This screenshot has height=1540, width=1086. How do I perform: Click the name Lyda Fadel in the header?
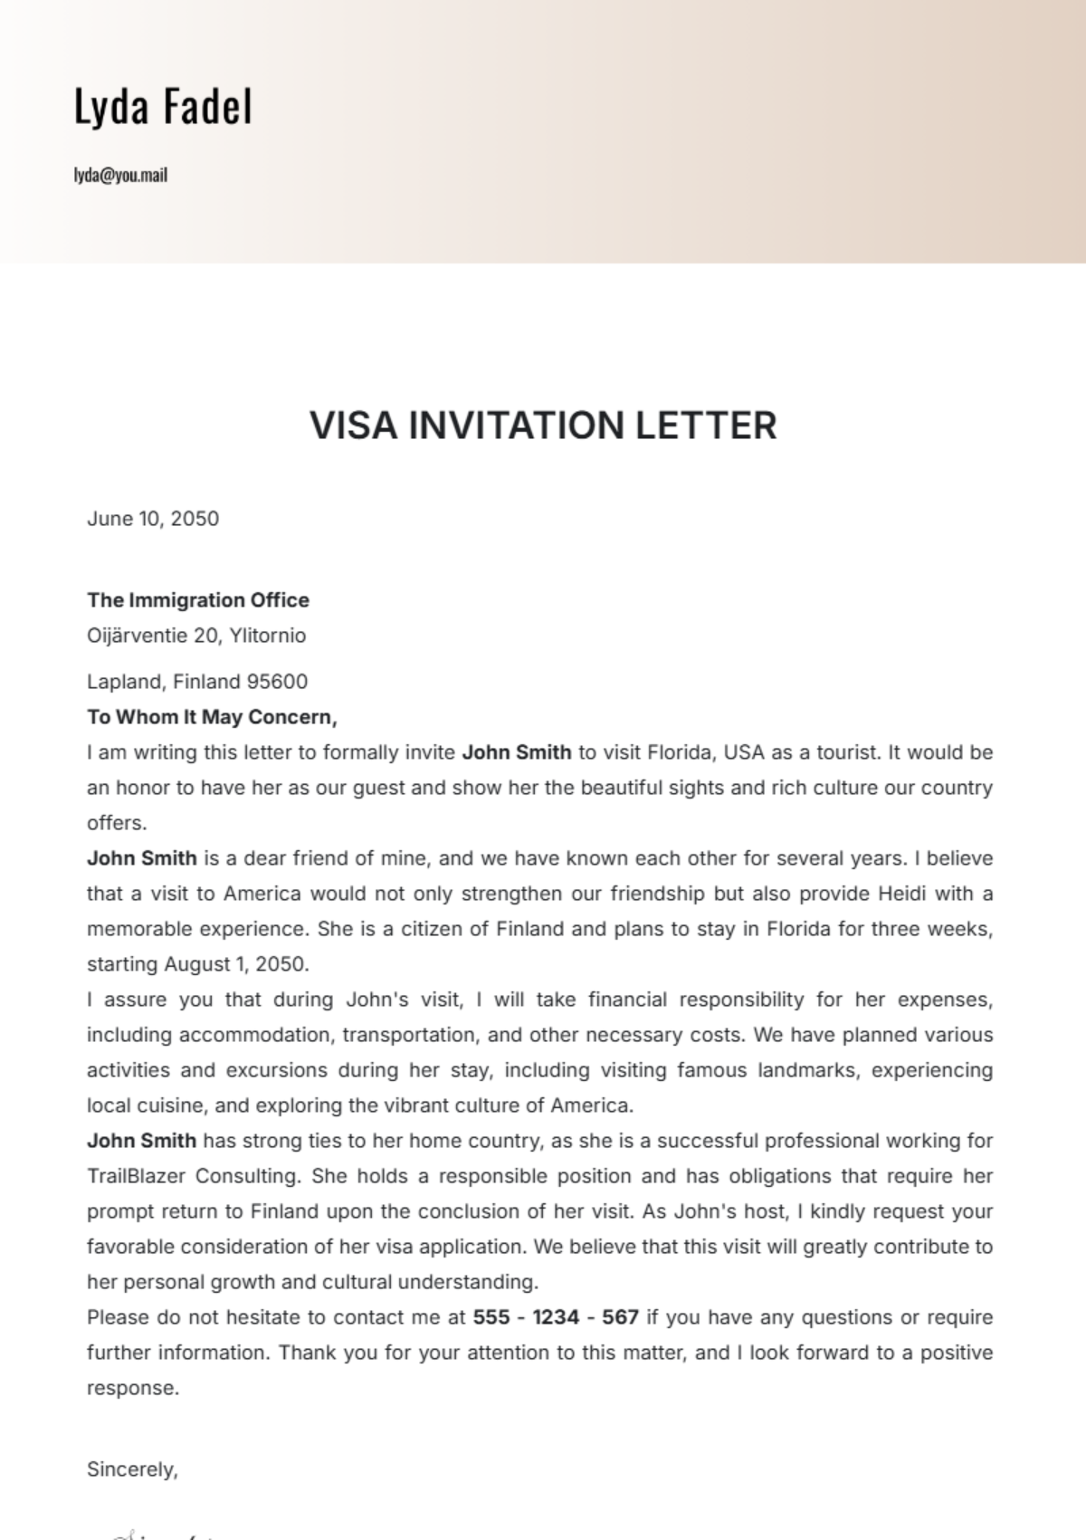pyautogui.click(x=163, y=107)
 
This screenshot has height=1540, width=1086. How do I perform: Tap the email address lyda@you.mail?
pyautogui.click(x=120, y=176)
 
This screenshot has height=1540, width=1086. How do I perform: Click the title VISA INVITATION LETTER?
pyautogui.click(x=543, y=426)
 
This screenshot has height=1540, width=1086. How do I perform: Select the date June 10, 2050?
pyautogui.click(x=153, y=519)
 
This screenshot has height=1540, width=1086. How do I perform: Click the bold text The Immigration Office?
pyautogui.click(x=198, y=600)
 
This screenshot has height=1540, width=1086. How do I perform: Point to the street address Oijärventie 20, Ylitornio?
pyautogui.click(x=196, y=636)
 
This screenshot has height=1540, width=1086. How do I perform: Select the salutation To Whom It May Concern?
pyautogui.click(x=212, y=717)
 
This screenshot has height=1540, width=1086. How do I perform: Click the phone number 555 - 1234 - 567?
pyautogui.click(x=556, y=1317)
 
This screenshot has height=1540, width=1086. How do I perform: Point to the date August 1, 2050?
pyautogui.click(x=236, y=964)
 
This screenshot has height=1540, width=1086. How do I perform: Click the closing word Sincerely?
pyautogui.click(x=131, y=1469)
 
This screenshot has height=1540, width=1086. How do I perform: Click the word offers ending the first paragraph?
pyautogui.click(x=115, y=823)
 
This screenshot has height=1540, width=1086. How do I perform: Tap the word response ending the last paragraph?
pyautogui.click(x=131, y=1388)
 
